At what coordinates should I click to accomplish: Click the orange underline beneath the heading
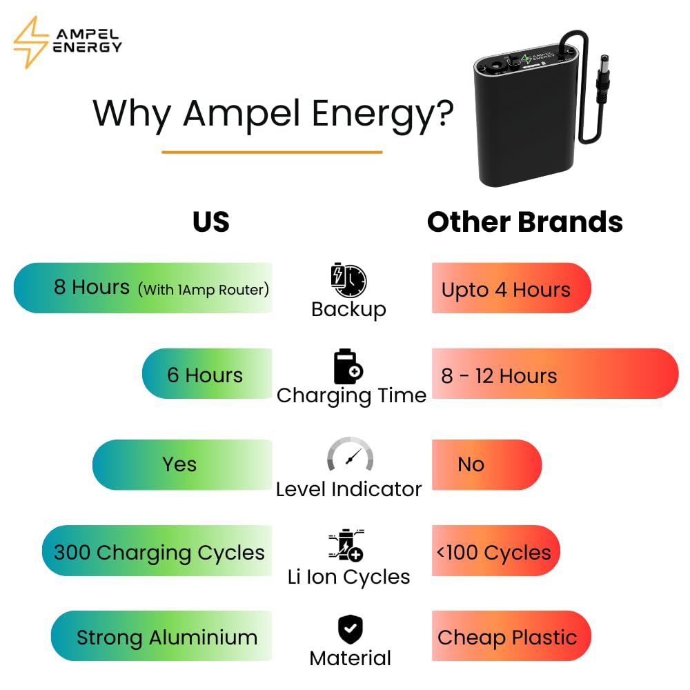coord(272,152)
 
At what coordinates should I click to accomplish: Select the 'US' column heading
coord(210,221)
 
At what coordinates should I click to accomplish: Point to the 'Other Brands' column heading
coord(525,221)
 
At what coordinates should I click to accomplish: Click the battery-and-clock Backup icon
coord(348,281)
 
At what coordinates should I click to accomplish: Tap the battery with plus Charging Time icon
coord(348,366)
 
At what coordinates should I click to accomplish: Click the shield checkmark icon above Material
coord(351,629)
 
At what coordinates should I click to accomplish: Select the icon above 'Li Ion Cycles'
coord(347,545)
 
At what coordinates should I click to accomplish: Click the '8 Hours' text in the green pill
coord(92,287)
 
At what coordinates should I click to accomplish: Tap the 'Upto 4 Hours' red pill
coord(511,288)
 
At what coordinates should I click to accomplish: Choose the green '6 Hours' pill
coord(207,373)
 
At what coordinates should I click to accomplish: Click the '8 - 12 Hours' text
coord(499,376)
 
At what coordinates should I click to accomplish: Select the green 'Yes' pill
coord(182,464)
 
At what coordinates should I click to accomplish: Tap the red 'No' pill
coord(486,464)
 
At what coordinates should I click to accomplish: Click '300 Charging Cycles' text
coord(159,553)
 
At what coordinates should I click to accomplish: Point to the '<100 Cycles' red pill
coord(496,551)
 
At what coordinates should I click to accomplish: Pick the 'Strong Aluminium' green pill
coord(161,636)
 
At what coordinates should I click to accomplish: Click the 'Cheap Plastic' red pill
coord(511,636)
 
